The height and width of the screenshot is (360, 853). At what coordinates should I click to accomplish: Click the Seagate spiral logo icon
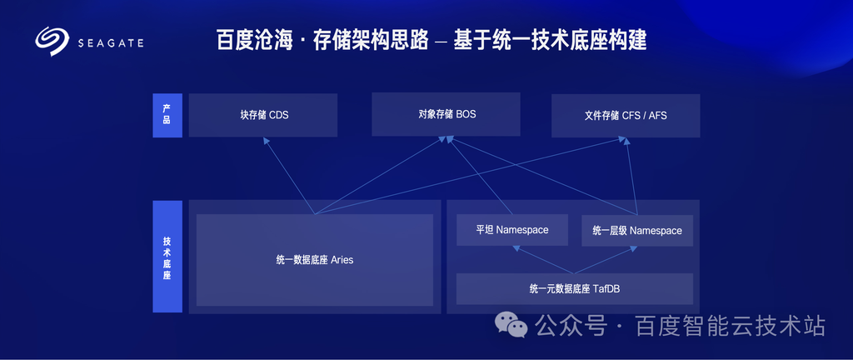(x=52, y=42)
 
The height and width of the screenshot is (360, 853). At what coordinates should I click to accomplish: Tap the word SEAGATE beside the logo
(x=111, y=43)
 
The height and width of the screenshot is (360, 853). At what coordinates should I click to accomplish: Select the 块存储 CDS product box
(x=262, y=115)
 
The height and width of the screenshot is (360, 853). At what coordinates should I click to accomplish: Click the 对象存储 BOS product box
(x=446, y=114)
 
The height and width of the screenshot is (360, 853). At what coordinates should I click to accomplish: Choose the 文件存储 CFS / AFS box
(x=626, y=116)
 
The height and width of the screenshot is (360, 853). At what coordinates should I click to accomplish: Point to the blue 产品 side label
(x=167, y=115)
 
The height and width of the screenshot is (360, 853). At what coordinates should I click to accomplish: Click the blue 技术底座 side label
(x=167, y=257)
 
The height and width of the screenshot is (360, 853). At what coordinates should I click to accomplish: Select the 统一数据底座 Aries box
(x=314, y=260)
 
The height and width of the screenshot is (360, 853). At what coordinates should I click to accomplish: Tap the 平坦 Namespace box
(x=512, y=230)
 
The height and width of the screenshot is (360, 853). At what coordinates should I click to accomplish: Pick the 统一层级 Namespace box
(x=637, y=231)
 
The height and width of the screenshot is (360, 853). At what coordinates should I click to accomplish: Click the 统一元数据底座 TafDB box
(x=575, y=289)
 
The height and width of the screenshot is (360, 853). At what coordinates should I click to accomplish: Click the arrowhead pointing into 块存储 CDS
(x=266, y=140)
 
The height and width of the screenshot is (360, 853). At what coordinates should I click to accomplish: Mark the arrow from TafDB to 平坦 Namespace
(x=543, y=260)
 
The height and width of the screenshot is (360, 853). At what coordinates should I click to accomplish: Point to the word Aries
(x=342, y=260)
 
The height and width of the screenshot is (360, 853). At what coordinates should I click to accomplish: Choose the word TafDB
(x=607, y=289)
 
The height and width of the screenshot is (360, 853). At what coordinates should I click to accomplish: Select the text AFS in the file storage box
(x=658, y=116)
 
